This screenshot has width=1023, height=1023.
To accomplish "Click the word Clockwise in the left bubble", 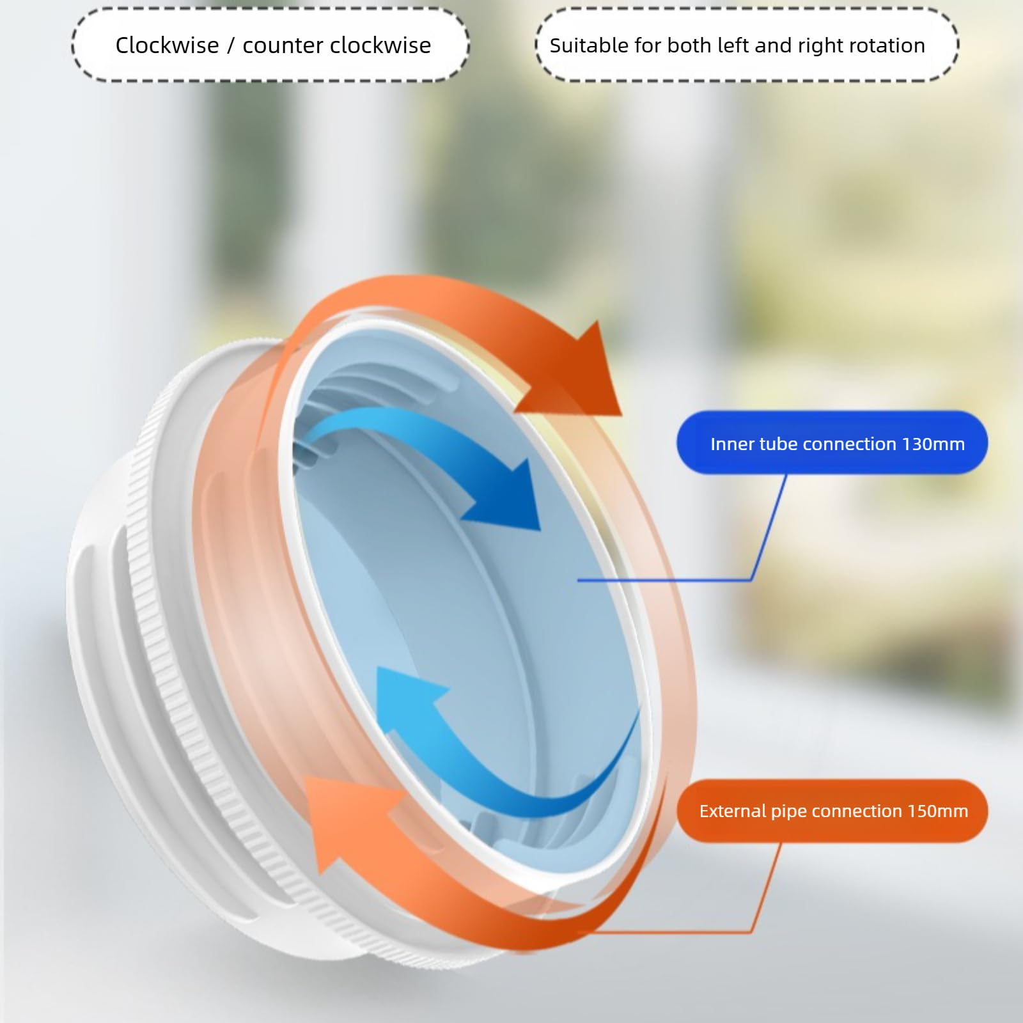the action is (x=167, y=45).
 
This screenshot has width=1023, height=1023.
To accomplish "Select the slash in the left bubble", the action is (x=231, y=46).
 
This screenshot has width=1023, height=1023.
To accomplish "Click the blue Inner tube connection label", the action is (x=832, y=442).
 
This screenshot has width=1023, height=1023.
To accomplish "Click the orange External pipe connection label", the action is (x=832, y=811).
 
